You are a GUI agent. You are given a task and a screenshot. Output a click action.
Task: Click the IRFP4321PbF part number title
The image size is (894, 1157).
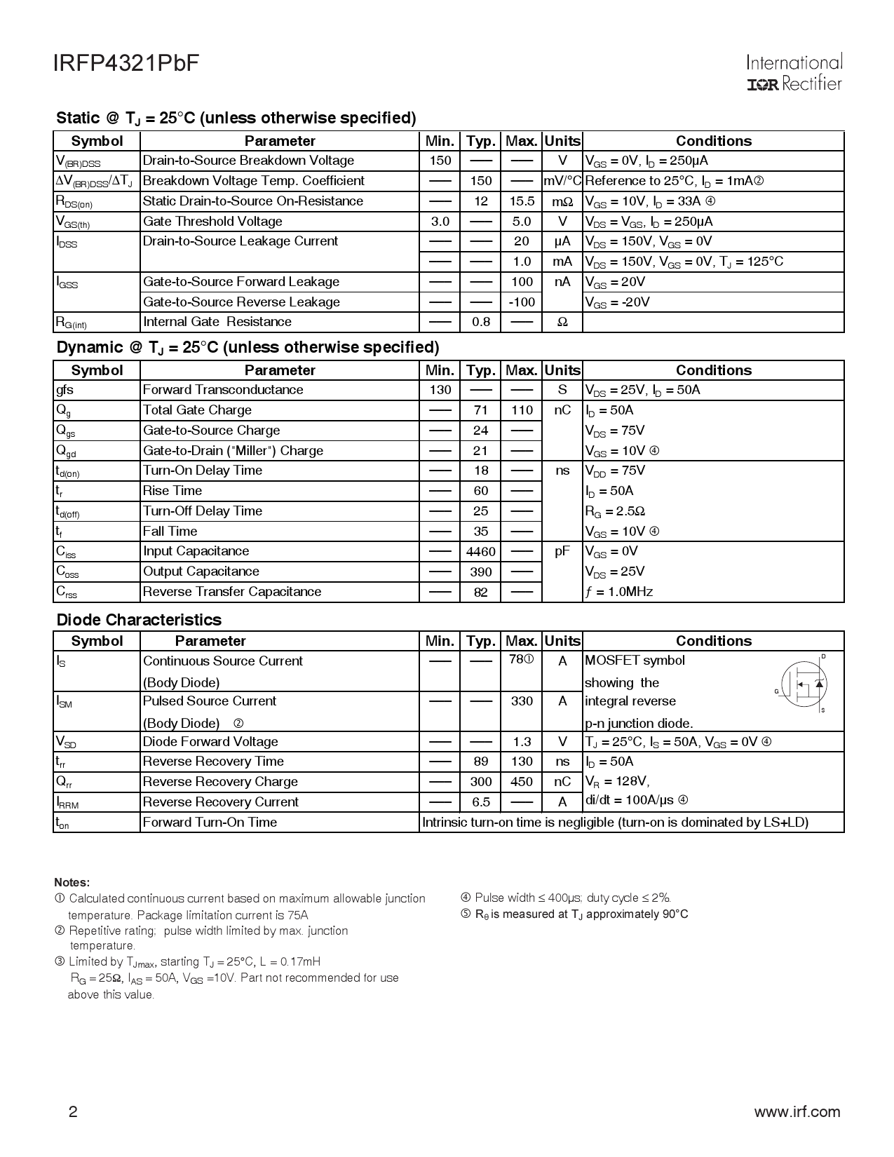pyautogui.click(x=126, y=63)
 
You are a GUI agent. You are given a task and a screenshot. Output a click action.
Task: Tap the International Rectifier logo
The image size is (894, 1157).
pyautogui.click(x=794, y=73)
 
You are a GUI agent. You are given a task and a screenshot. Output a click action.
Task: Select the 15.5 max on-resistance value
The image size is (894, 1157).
pyautogui.click(x=522, y=201)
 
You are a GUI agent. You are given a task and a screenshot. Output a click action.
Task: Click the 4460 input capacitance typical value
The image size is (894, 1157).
pyautogui.click(x=480, y=552)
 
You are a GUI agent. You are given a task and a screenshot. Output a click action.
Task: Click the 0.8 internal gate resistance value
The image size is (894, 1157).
pyautogui.click(x=480, y=322)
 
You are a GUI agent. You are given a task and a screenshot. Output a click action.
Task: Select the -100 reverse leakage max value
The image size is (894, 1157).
pyautogui.click(x=522, y=302)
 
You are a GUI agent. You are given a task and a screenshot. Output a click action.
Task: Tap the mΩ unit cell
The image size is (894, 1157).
pyautogui.click(x=562, y=201)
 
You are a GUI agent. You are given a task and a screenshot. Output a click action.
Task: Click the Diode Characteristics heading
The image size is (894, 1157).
pyautogui.click(x=139, y=620)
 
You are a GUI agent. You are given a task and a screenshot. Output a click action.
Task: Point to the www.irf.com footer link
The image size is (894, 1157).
pyautogui.click(x=797, y=1111)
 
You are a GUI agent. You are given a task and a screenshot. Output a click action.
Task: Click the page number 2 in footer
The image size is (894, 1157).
pyautogui.click(x=72, y=1112)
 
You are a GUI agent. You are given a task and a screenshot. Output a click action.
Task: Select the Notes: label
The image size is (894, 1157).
pyautogui.click(x=72, y=882)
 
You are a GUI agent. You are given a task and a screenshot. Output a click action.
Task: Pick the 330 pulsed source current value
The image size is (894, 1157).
pyautogui.click(x=522, y=701)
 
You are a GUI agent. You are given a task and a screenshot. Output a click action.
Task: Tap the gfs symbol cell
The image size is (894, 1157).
pyautogui.click(x=65, y=390)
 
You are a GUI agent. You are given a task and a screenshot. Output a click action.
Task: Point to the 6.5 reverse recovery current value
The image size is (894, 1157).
pyautogui.click(x=480, y=802)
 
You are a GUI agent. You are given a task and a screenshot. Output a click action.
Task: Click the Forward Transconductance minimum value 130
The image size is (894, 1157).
pyautogui.click(x=440, y=390)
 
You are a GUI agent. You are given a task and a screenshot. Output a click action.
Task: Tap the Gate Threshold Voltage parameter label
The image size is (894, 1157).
pyautogui.click(x=212, y=222)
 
